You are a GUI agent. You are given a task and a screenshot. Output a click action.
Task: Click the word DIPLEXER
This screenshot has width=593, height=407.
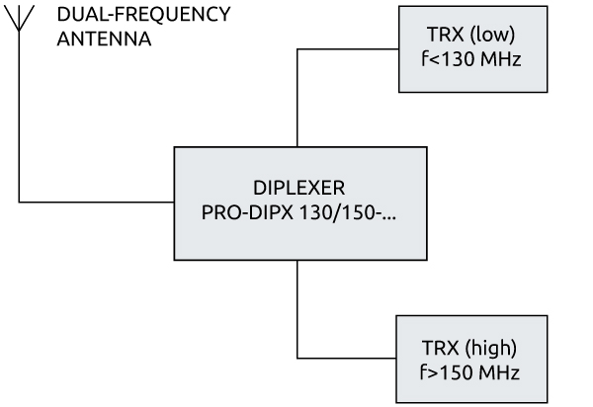(297, 188)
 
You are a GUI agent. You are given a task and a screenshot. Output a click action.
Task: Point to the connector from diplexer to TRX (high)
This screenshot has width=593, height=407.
(297, 316)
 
